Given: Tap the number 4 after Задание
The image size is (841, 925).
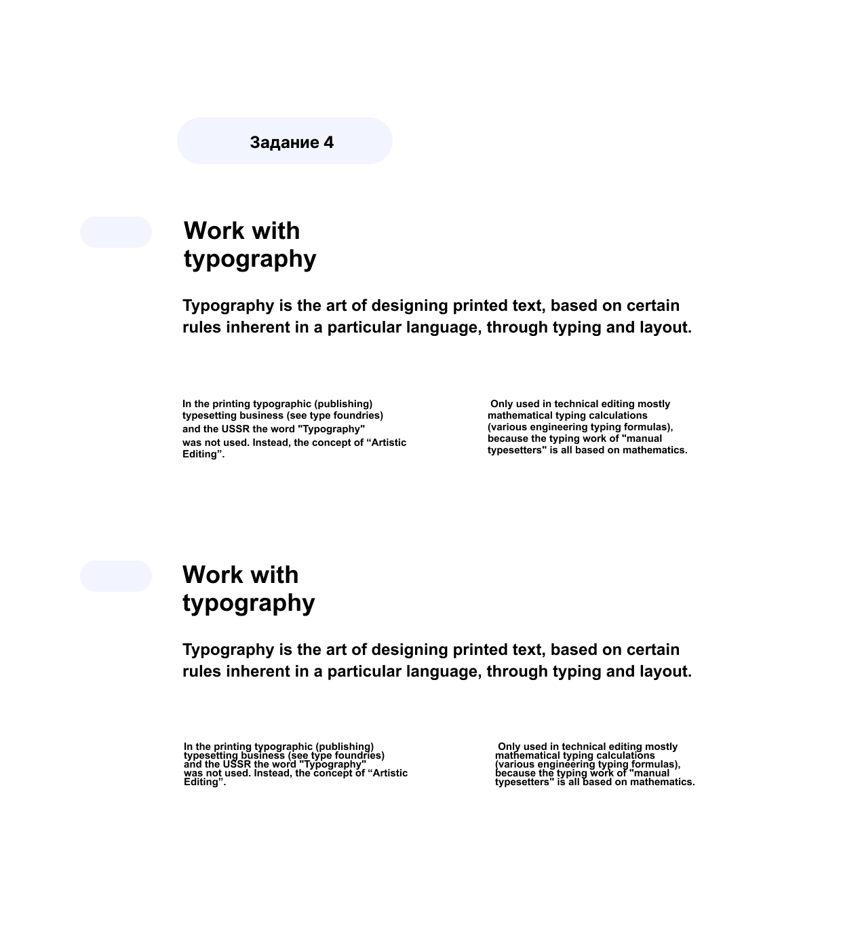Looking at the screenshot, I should [x=328, y=143].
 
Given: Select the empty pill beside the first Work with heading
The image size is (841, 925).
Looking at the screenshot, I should [x=116, y=232].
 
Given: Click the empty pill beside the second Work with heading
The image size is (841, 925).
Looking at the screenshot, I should [x=116, y=576].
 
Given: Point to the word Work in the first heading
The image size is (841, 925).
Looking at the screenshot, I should [x=214, y=231].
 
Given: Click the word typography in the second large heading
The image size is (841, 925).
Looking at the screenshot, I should [x=248, y=603].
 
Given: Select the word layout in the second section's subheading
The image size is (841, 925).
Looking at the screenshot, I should [x=665, y=671].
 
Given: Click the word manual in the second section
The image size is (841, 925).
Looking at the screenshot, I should [x=650, y=773].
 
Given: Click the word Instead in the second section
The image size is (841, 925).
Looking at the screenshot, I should [x=272, y=773].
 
